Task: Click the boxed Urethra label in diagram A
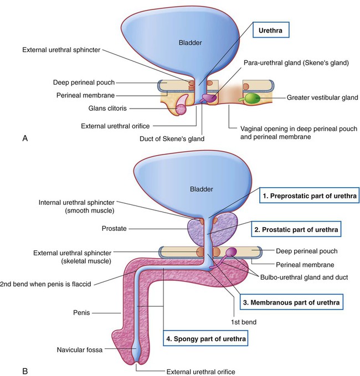[271, 30]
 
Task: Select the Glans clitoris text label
[107, 109]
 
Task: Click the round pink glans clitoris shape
[181, 109]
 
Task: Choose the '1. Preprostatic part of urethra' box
[310, 195]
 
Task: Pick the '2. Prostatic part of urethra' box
[296, 229]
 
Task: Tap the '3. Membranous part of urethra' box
[291, 302]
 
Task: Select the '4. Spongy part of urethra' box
[205, 338]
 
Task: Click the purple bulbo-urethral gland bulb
[232, 252]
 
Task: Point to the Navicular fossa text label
[80, 350]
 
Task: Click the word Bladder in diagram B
[202, 189]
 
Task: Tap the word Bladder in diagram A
[190, 43]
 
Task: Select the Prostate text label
[114, 228]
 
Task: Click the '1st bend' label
[244, 322]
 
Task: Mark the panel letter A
[25, 138]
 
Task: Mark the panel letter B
[25, 371]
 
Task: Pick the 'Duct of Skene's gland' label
[172, 139]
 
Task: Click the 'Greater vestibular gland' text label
[322, 97]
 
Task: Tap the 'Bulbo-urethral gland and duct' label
[304, 277]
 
